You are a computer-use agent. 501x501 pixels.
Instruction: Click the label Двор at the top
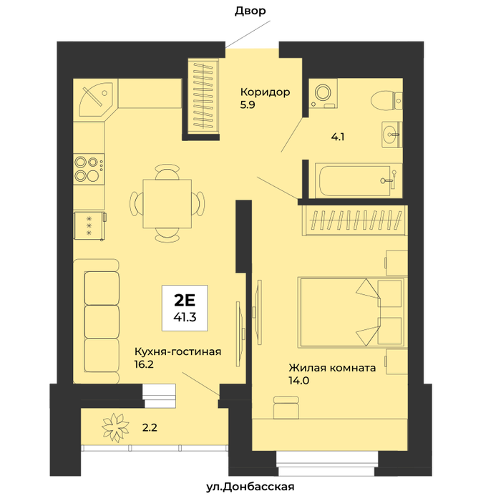(x=250, y=11)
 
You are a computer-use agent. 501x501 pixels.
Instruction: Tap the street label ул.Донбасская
(x=250, y=487)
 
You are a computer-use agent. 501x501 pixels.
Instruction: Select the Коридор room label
(x=266, y=92)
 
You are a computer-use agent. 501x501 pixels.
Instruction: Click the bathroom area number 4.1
(x=338, y=137)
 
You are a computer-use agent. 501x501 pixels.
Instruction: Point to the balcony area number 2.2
(x=150, y=427)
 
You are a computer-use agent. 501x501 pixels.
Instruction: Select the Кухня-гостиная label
(x=177, y=351)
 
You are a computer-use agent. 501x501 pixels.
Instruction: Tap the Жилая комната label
(x=332, y=368)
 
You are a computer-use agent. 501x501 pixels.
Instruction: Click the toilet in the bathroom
(x=386, y=100)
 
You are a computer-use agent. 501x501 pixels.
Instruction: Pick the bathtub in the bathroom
(x=358, y=180)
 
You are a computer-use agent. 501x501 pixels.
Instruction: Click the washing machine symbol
(x=322, y=93)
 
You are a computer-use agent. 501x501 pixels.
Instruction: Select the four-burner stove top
(x=89, y=169)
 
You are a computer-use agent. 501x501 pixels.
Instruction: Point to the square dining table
(x=167, y=204)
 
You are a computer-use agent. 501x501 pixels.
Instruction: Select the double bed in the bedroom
(x=351, y=312)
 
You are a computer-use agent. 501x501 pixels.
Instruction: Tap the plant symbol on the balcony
(x=115, y=427)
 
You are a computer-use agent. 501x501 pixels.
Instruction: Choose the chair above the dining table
(x=167, y=172)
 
